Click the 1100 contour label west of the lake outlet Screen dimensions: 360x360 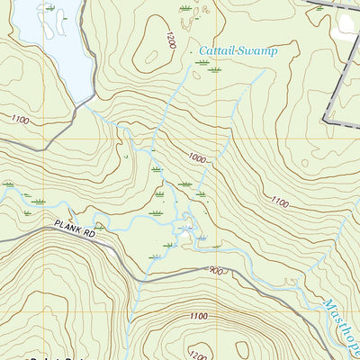point(22,119)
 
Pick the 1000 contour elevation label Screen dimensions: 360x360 point(197,157)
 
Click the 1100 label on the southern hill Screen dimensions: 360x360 point(199,316)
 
